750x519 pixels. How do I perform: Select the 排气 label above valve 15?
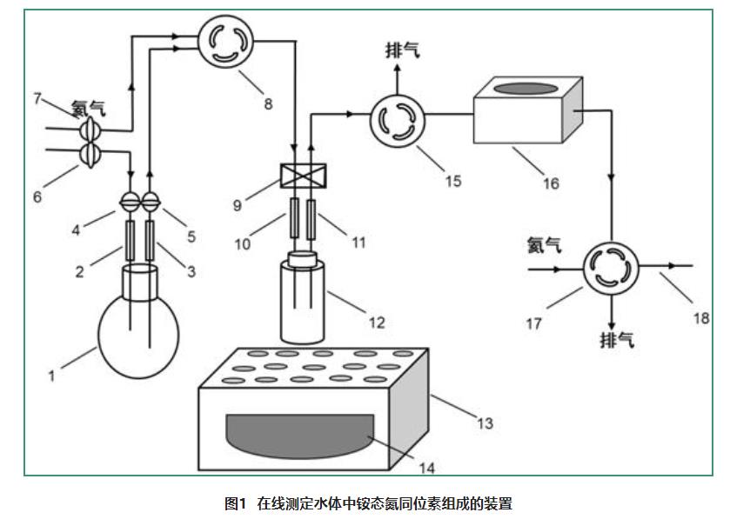401,50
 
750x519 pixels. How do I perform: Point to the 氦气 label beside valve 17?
544,246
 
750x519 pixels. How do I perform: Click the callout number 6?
37,196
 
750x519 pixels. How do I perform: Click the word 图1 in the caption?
238,502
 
